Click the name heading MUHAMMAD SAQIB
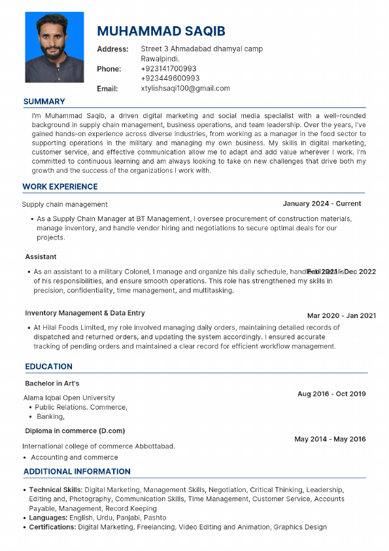click(x=161, y=32)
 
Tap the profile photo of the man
click(x=54, y=47)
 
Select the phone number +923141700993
click(x=169, y=69)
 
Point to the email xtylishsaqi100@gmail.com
click(x=185, y=88)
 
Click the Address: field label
click(x=112, y=49)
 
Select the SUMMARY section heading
click(x=44, y=101)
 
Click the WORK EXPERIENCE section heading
click(x=60, y=187)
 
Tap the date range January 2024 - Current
click(x=322, y=204)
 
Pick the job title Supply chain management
click(x=65, y=205)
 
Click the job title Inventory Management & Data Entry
click(x=85, y=313)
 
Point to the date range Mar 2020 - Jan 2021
click(x=341, y=315)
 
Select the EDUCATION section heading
click(x=48, y=366)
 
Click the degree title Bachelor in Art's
click(x=52, y=383)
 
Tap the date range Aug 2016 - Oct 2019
click(x=331, y=394)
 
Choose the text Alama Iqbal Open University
click(x=69, y=397)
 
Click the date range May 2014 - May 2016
click(x=330, y=439)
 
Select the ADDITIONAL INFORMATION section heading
click(x=77, y=471)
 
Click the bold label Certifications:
click(x=52, y=527)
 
